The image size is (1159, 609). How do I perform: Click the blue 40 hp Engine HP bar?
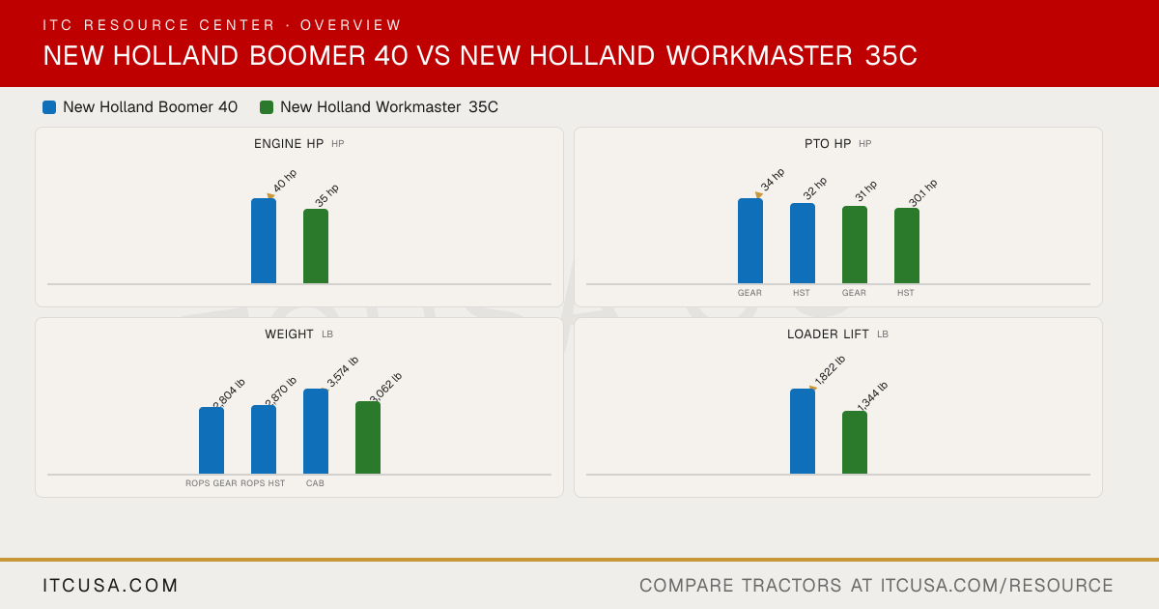[x=264, y=241]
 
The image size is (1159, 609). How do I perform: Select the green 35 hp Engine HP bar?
[x=316, y=246]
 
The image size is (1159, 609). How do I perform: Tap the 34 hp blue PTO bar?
[x=750, y=241]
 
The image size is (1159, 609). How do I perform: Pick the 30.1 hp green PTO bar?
[x=907, y=246]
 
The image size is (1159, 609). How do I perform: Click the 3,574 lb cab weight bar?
[x=316, y=431]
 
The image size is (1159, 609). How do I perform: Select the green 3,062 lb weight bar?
[x=368, y=438]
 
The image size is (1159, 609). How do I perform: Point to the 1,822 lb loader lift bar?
[x=803, y=431]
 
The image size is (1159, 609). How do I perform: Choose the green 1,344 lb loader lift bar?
[x=855, y=443]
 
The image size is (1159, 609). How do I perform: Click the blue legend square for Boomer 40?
[x=49, y=107]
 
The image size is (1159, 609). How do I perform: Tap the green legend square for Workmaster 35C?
[x=267, y=107]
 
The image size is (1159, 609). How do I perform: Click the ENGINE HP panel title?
[x=289, y=143]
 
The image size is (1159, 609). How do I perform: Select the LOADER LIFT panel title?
[x=828, y=334]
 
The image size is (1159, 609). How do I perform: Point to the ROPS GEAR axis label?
[x=212, y=483]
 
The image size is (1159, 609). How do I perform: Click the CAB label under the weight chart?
[x=315, y=483]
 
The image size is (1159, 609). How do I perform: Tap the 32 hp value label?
[x=815, y=188]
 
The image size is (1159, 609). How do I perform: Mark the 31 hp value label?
[x=866, y=190]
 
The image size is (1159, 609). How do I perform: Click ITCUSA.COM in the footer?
[x=110, y=585]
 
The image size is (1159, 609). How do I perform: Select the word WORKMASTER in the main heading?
[x=759, y=55]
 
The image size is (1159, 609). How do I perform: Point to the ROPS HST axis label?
[x=263, y=483]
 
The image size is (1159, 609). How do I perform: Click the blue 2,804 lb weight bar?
[x=212, y=441]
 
